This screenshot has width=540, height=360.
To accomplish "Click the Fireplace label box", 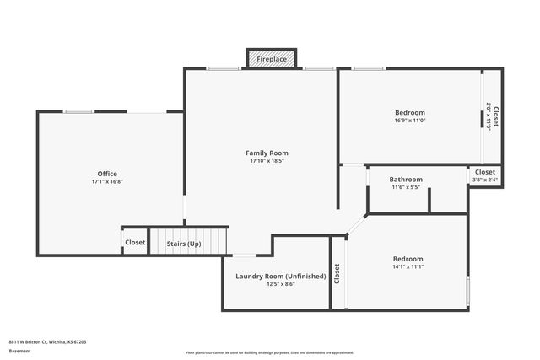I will [x=272, y=60].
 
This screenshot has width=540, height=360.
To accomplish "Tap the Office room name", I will [x=107, y=174].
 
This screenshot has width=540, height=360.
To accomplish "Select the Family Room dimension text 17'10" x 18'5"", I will [x=267, y=161].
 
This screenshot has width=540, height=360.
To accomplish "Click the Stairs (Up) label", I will [x=183, y=243].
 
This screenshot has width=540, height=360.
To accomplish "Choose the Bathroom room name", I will [x=406, y=179].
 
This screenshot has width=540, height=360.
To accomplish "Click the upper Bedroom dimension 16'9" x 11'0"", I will [x=409, y=121].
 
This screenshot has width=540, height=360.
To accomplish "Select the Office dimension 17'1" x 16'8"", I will [x=107, y=182].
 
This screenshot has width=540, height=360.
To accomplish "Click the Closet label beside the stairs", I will [x=135, y=243].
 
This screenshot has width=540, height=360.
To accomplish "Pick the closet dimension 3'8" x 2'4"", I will [x=485, y=180].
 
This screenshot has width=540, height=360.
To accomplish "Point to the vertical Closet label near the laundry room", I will [x=337, y=273].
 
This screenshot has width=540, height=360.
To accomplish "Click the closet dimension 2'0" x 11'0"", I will [x=489, y=116].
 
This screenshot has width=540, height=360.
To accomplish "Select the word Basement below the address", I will [x=19, y=350].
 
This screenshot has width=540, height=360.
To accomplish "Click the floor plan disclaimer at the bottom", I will [x=269, y=352].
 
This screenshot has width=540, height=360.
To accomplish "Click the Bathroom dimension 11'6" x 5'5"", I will [x=406, y=187].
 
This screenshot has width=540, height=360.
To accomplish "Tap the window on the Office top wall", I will [x=78, y=111].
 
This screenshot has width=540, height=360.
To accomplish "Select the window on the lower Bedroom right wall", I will [x=467, y=288].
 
